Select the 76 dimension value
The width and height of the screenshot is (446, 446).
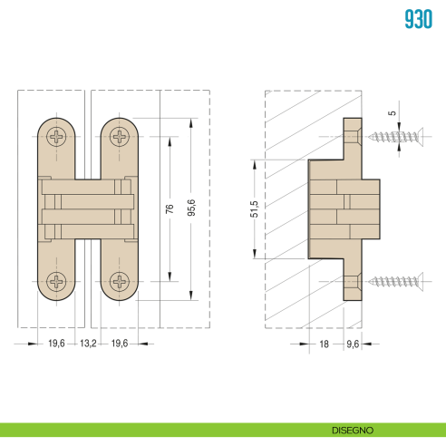click(x=170, y=208)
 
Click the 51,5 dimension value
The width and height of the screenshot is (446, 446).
click(x=255, y=209)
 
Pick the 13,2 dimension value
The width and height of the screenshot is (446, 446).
click(x=88, y=344)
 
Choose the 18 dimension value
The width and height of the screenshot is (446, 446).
click(x=323, y=344)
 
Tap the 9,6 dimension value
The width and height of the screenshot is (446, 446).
click(x=352, y=344)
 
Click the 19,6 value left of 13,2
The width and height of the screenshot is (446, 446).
click(x=56, y=344)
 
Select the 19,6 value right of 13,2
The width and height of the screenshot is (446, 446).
click(x=120, y=344)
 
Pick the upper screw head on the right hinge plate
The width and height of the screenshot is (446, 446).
click(x=118, y=138)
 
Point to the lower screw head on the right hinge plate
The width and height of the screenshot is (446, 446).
click(x=118, y=280)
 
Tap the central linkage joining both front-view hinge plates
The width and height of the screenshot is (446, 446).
click(x=89, y=209)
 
